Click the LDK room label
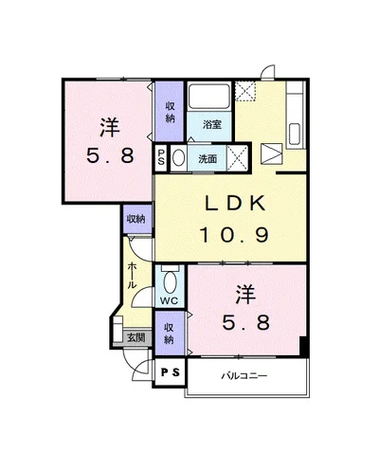point(235,204)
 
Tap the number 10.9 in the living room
point(234,235)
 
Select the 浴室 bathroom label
point(211,125)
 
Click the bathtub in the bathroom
point(209,96)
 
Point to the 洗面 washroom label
point(208,159)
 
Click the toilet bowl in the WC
point(171,282)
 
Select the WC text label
point(169,300)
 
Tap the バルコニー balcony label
point(244,376)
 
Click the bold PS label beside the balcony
point(171,372)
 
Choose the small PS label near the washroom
point(161,157)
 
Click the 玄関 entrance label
point(136,337)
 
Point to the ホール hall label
point(132,276)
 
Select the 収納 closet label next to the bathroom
point(170,113)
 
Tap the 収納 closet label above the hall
point(136,219)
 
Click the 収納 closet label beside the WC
point(170,334)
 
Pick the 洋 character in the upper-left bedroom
point(109,127)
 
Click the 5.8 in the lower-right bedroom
point(246,323)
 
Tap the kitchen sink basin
point(295,135)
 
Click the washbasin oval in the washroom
point(179,157)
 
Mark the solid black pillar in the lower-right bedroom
point(303,347)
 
